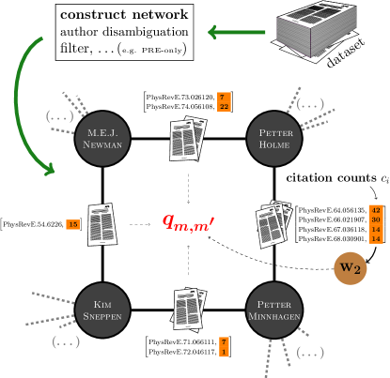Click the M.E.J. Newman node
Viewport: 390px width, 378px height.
(101, 139)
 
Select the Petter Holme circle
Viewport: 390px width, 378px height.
(274, 139)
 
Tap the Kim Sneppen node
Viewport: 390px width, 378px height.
(101, 310)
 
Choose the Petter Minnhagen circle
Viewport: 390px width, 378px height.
(274, 310)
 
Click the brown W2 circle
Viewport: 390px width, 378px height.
(350, 268)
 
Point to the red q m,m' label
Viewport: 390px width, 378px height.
(188, 221)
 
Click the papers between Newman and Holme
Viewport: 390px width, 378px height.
(188, 139)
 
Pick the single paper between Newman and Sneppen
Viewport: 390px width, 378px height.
(101, 224)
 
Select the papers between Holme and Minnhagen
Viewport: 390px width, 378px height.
(273, 224)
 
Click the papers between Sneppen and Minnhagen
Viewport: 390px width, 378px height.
(188, 310)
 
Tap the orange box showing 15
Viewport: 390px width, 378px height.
(72, 224)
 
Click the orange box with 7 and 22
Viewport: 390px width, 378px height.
(224, 101)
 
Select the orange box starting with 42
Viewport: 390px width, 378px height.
(375, 224)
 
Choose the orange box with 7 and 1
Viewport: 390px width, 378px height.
(224, 346)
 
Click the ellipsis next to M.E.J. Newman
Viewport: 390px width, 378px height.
(59, 116)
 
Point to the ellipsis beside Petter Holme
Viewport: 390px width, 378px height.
(310, 104)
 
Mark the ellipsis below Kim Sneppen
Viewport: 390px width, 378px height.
(66, 341)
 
